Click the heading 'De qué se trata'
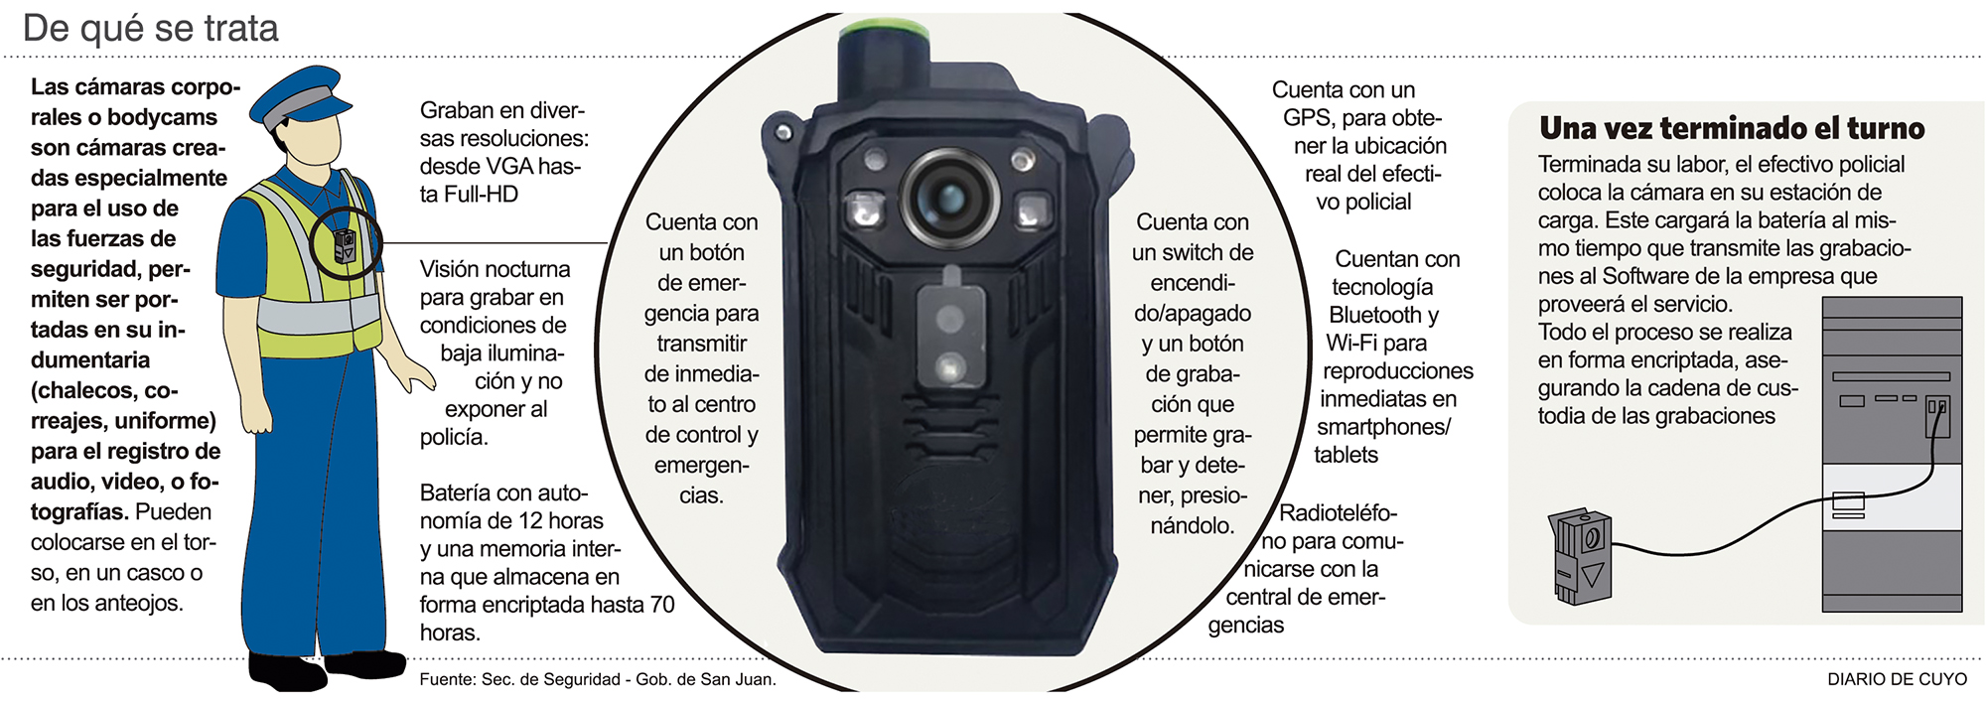[x=151, y=29]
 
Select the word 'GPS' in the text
[x=1307, y=118]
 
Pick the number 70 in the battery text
[x=662, y=605]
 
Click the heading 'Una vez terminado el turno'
[x=1732, y=128]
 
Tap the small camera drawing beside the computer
[x=1580, y=557]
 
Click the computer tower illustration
[x=1892, y=454]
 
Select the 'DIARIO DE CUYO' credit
[x=1897, y=679]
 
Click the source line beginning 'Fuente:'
[x=598, y=679]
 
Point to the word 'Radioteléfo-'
[x=1338, y=513]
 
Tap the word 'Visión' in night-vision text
[x=452, y=269]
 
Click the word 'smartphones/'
[x=1384, y=428]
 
